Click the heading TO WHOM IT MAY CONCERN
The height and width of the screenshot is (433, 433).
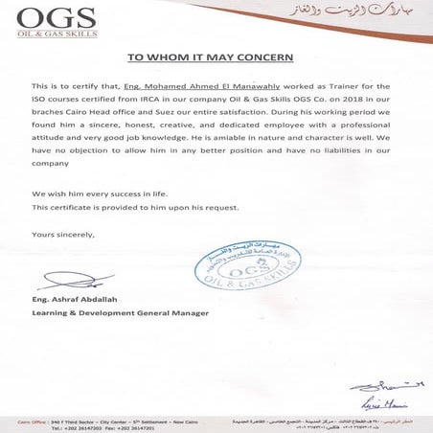216,57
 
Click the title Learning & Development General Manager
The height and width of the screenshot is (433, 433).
120,314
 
